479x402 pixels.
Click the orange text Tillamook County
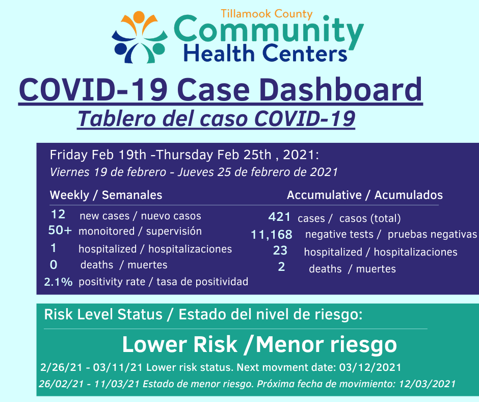click(267, 14)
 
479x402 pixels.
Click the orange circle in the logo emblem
click(139, 16)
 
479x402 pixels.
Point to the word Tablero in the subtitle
click(116, 119)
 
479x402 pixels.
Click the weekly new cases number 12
click(58, 214)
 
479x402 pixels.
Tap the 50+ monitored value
click(60, 230)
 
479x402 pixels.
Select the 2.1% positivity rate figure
click(58, 282)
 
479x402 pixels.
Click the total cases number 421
click(279, 217)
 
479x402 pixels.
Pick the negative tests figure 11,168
click(271, 235)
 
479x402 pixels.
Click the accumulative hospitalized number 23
click(280, 250)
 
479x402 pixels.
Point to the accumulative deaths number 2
click(281, 267)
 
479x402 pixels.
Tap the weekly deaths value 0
click(54, 265)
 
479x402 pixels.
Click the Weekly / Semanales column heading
click(106, 195)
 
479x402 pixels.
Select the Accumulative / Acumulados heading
click(365, 195)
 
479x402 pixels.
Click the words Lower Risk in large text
click(179, 344)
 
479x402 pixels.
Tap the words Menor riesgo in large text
click(326, 345)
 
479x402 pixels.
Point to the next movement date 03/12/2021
click(370, 367)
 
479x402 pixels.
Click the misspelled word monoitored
click(107, 231)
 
